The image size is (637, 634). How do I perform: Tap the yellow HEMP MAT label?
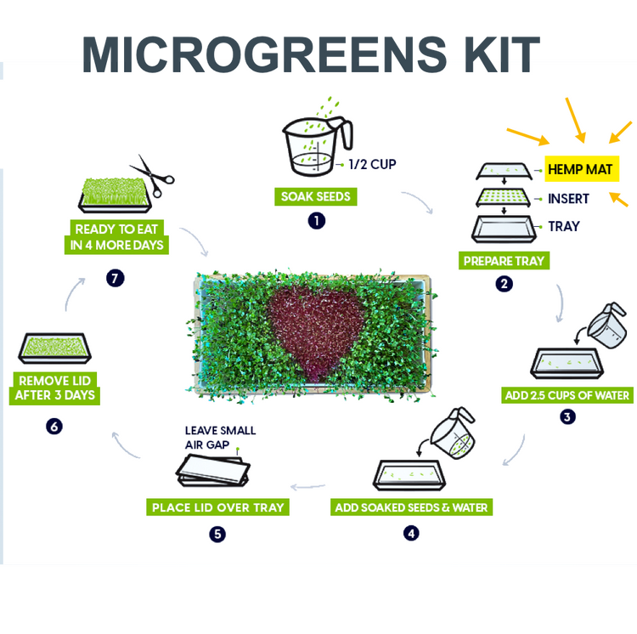click(581, 168)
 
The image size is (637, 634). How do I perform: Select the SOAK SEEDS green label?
click(316, 196)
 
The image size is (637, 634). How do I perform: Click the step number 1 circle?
click(317, 221)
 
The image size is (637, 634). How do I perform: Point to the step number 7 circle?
click(115, 279)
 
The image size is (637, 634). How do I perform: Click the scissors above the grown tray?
click(152, 176)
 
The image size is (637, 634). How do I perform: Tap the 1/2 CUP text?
click(372, 164)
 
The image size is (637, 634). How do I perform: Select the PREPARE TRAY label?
click(504, 261)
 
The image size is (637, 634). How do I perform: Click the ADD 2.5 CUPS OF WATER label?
click(567, 395)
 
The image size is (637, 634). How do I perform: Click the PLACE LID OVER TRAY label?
click(217, 507)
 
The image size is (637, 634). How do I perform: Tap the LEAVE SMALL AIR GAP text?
click(220, 438)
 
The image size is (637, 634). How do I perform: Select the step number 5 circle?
click(217, 534)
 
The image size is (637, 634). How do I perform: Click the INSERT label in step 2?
click(568, 199)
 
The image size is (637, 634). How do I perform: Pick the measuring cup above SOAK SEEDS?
click(318, 146)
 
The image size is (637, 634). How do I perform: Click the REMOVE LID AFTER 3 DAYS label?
click(54, 388)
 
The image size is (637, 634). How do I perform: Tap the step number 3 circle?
click(567, 416)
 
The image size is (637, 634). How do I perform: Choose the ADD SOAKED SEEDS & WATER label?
click(411, 507)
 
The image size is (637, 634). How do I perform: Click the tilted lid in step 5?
click(213, 470)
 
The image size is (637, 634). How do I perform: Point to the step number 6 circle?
click(54, 427)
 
